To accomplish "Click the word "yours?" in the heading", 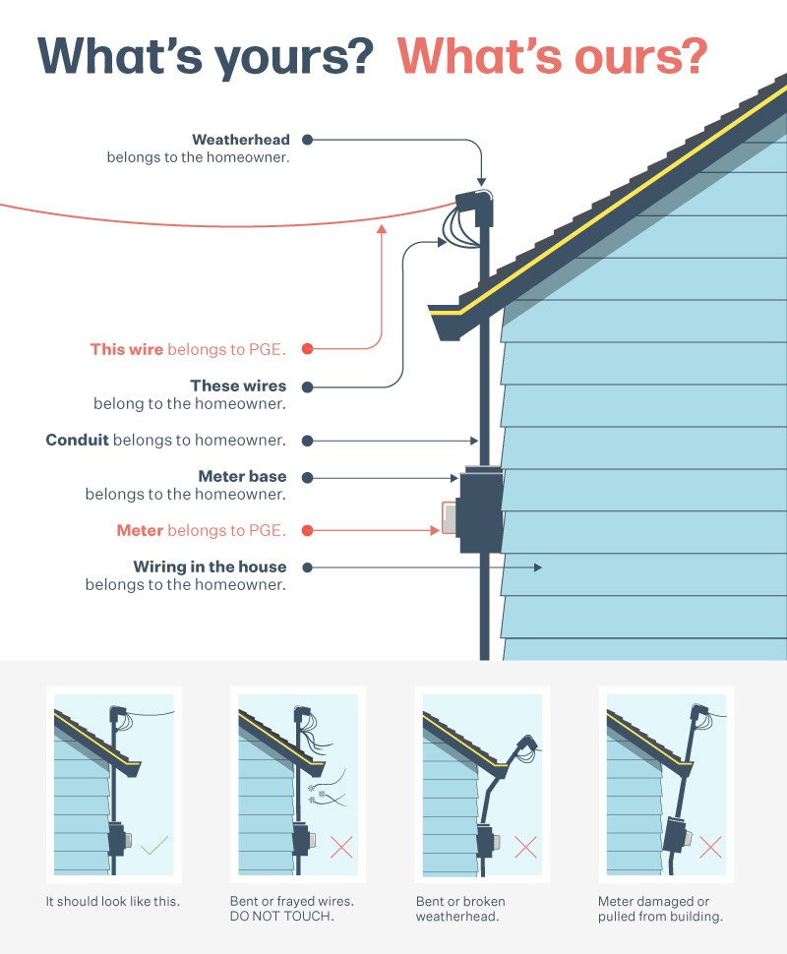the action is point(304,57).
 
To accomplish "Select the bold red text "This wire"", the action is point(127,349).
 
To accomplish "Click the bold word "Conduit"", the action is point(77,441).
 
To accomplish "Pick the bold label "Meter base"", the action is point(242,477).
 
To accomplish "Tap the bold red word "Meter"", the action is point(140,531).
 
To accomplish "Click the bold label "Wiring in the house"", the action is point(211,567).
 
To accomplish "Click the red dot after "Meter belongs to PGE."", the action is point(308,531).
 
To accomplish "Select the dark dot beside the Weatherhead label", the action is point(308,140).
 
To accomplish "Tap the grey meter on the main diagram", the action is point(450,518).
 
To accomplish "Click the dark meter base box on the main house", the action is point(480,512).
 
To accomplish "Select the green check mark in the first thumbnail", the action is point(155,845).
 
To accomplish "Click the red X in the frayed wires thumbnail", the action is point(341,846).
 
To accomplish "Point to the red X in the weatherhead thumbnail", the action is point(525,846).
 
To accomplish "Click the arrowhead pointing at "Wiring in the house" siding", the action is point(538,567).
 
